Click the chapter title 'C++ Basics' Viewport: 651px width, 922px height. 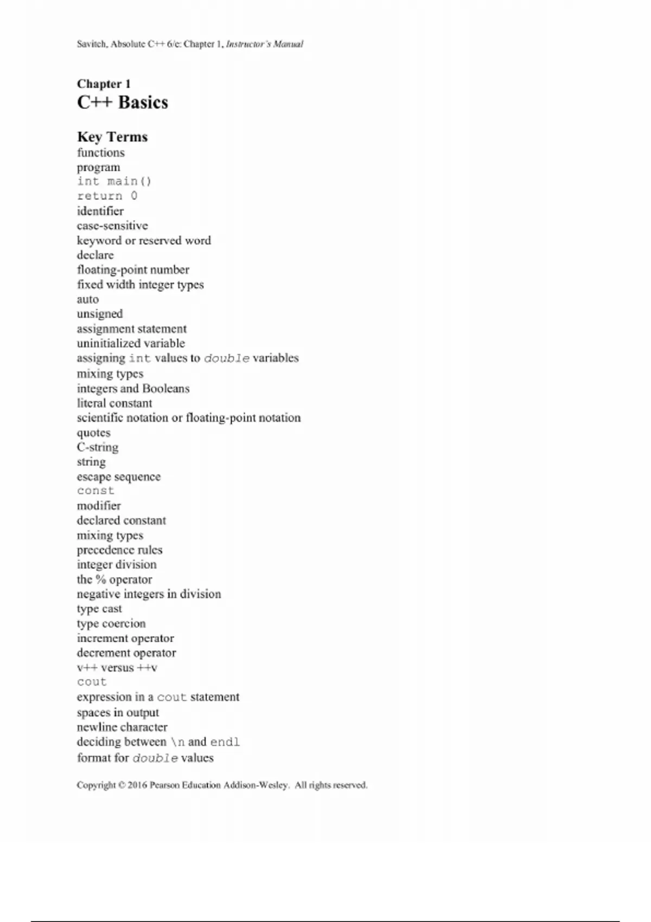pyautogui.click(x=123, y=103)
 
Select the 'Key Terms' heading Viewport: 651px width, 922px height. pyautogui.click(x=112, y=137)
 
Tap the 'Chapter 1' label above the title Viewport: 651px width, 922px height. pyautogui.click(x=104, y=84)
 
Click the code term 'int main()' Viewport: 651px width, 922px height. pyautogui.click(x=114, y=182)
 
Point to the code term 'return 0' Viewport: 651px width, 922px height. pyautogui.click(x=107, y=196)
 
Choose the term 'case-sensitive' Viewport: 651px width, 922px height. pyautogui.click(x=112, y=226)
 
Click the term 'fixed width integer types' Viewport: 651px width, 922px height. pyautogui.click(x=141, y=285)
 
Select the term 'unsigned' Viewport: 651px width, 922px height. pyautogui.click(x=100, y=314)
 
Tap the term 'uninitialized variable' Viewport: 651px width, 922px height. pyautogui.click(x=131, y=343)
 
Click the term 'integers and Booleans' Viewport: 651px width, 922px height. pyautogui.click(x=133, y=388)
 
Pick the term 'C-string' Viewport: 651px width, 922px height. pyautogui.click(x=98, y=447)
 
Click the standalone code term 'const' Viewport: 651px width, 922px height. pyautogui.click(x=95, y=491)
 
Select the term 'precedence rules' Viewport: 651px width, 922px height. pyautogui.click(x=119, y=550)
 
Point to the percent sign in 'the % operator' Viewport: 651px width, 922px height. pyautogui.click(x=100, y=580)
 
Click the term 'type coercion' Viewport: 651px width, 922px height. pyautogui.click(x=111, y=624)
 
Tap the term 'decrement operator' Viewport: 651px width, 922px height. pyautogui.click(x=126, y=653)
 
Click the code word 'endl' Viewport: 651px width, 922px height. pyautogui.click(x=225, y=742)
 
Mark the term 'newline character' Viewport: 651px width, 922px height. pyautogui.click(x=122, y=727)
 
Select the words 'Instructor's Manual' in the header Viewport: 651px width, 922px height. pyautogui.click(x=265, y=44)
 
